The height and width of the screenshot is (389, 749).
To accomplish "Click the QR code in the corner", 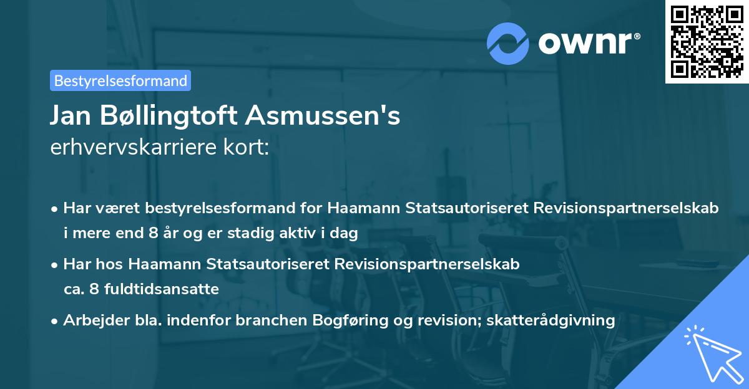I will point(707,41).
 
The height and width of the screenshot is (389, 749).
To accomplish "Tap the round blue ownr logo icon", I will point(508,43).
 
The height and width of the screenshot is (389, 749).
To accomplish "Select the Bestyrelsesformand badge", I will point(120,80).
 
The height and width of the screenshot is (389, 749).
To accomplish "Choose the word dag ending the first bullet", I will point(345,234).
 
